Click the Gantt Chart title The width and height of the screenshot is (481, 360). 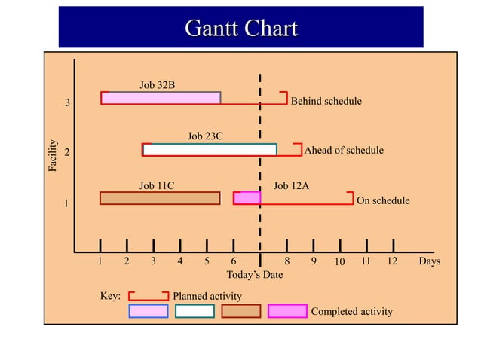pos(240,29)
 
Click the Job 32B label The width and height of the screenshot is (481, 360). pos(157,84)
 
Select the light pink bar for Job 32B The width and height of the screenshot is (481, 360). pos(161,98)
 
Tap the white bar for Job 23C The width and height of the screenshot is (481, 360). pos(210,150)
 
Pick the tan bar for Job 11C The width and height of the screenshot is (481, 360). pos(160,198)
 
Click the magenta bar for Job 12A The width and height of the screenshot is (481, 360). pos(247,198)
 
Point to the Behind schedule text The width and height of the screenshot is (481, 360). pos(326,101)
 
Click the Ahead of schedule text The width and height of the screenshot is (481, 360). pos(343,150)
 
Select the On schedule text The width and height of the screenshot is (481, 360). pos(382,200)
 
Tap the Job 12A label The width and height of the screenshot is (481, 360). pos(291,185)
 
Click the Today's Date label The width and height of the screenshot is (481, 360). pos(255,275)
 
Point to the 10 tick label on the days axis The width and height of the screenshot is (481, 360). pos(339,262)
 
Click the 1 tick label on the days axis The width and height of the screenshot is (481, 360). pos(100,261)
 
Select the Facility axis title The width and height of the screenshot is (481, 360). pos(54,154)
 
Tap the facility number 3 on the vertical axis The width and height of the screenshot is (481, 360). pos(67,103)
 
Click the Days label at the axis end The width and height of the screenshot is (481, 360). pos(429,261)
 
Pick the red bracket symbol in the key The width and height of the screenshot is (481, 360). pos(148,295)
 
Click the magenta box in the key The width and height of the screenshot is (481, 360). pos(287,311)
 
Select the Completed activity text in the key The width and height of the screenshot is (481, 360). pos(351,311)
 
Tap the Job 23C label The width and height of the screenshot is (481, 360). pos(205,136)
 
